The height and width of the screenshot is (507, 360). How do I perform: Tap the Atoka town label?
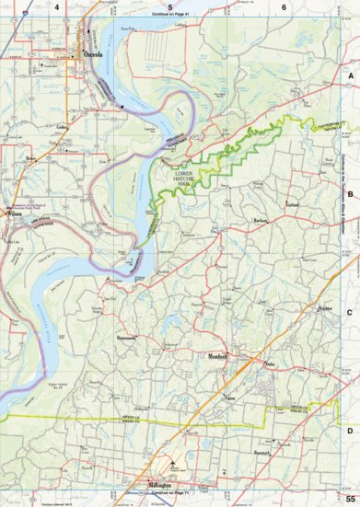(x=270, y=364)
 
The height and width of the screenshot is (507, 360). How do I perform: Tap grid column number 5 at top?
(x=170, y=7)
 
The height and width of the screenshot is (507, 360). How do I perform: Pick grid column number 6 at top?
(x=284, y=7)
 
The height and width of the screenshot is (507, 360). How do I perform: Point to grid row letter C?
(x=350, y=312)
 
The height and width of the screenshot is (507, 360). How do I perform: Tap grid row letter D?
(x=350, y=430)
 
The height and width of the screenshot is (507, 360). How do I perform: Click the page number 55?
(x=350, y=497)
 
